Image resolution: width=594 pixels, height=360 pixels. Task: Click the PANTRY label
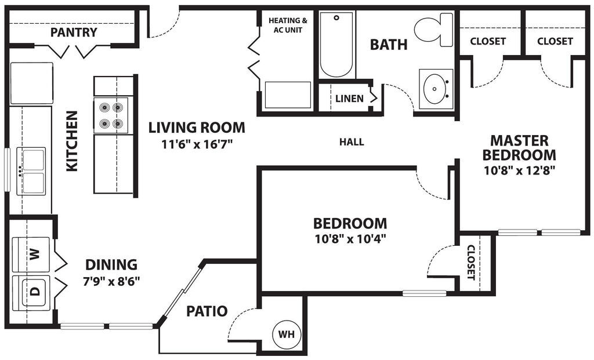pyautogui.click(x=74, y=32)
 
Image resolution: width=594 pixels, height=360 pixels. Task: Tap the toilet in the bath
pyautogui.click(x=434, y=29)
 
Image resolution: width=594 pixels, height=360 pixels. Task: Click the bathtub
pyautogui.click(x=336, y=45)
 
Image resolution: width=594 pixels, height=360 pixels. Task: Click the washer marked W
pyautogui.click(x=33, y=253)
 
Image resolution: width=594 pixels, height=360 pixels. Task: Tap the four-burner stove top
pyautogui.click(x=111, y=115)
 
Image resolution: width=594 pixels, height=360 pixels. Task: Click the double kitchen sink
pyautogui.click(x=31, y=170)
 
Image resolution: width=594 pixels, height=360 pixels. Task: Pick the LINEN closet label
pyautogui.click(x=349, y=99)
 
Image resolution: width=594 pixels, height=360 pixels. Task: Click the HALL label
pyautogui.click(x=352, y=142)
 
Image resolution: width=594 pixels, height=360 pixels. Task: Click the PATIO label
pyautogui.click(x=207, y=311)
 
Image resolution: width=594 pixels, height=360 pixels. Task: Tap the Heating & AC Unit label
pyautogui.click(x=287, y=25)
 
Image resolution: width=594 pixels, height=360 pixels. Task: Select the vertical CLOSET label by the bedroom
pyautogui.click(x=470, y=262)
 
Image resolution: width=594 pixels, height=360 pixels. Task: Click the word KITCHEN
pyautogui.click(x=72, y=141)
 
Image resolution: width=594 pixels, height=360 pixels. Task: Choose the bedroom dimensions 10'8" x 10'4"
pyautogui.click(x=350, y=238)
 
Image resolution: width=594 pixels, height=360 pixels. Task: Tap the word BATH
pyautogui.click(x=389, y=45)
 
